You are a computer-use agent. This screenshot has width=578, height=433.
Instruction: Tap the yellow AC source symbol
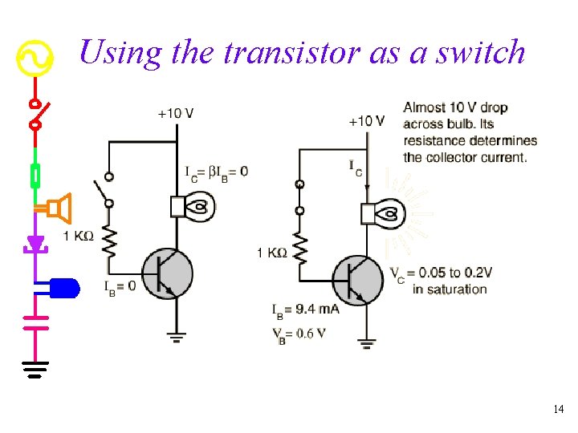(x=35, y=59)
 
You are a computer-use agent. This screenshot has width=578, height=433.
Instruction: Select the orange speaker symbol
(x=59, y=208)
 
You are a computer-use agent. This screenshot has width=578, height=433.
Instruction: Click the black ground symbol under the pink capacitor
(x=35, y=369)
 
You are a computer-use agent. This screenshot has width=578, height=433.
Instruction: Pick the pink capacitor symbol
(x=35, y=322)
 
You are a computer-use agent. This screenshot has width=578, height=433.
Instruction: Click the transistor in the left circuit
(x=167, y=274)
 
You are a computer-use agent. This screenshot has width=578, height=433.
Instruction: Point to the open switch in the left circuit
(x=108, y=190)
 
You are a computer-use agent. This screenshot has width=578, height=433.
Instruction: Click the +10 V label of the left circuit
(x=175, y=114)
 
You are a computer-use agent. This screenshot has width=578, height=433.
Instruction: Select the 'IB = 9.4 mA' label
(x=305, y=309)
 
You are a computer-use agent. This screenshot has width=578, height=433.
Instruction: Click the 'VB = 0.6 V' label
(x=299, y=334)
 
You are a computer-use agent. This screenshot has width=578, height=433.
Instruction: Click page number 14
(x=559, y=410)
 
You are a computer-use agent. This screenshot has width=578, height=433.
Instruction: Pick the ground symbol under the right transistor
(x=367, y=345)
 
